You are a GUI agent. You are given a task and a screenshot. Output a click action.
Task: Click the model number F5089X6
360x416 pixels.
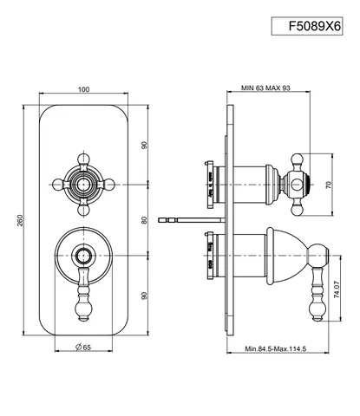pos(315,26)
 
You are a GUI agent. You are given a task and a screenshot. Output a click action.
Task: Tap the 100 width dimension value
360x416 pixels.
pos(83,89)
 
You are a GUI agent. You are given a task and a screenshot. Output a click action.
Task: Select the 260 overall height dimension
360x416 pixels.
pos(20,220)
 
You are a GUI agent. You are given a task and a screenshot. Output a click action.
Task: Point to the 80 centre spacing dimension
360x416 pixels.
pos(144,220)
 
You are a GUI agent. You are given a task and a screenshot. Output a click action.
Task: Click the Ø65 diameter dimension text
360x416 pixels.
pos(83,347)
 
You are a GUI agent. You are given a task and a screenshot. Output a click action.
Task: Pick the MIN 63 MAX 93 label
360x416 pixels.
pos(265,88)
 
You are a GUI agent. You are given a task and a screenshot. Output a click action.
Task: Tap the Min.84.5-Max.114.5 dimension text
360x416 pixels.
pos(275,348)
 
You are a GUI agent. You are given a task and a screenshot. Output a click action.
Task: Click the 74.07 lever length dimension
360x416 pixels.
pos(337,289)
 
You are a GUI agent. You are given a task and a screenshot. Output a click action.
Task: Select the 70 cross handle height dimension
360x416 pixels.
pos(329,185)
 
